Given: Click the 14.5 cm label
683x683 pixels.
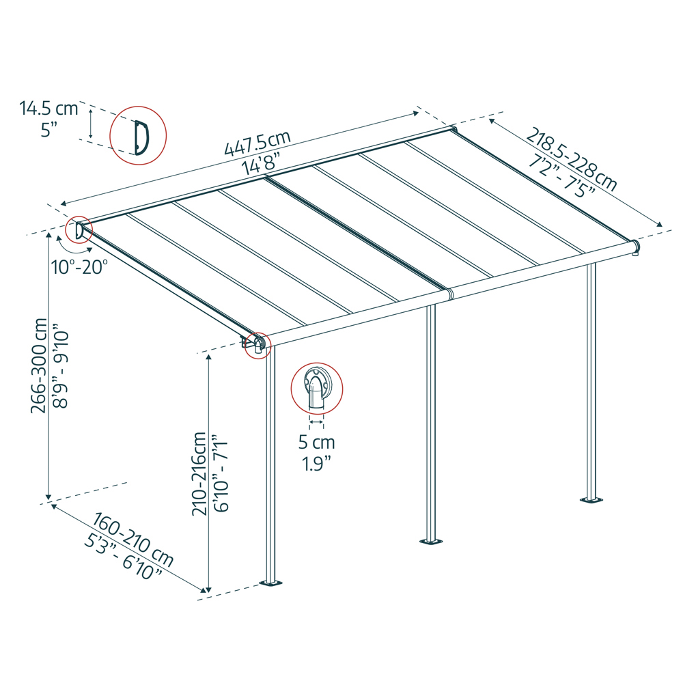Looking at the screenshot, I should (48, 108).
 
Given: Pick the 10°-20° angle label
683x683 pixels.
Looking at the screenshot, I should (79, 266).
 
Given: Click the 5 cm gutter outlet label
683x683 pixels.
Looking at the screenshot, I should (316, 442).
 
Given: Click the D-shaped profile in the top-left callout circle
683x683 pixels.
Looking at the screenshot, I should (141, 137).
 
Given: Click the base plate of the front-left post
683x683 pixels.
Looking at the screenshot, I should (272, 584).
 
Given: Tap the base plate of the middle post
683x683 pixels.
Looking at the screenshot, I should (430, 542).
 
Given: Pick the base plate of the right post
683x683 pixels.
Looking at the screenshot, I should (591, 501).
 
